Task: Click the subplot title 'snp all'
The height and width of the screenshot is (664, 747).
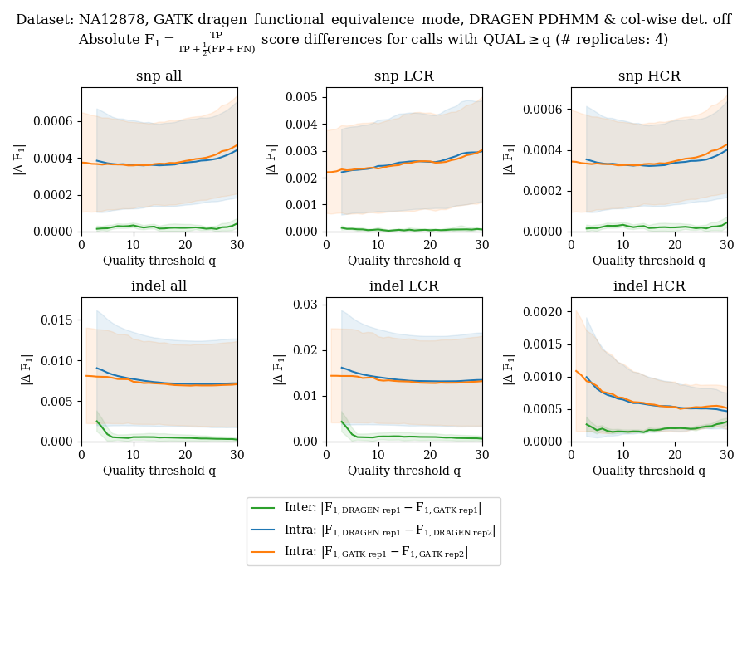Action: coord(159,76)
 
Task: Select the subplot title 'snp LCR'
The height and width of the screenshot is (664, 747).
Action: coord(403,76)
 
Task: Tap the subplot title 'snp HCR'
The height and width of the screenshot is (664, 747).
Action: coord(648,76)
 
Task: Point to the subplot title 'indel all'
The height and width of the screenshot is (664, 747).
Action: coord(159,286)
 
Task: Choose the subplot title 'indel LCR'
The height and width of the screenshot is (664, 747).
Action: coord(403,286)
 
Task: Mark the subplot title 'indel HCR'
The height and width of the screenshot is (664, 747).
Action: coord(648,286)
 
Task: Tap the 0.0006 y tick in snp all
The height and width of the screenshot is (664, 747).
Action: coord(55,121)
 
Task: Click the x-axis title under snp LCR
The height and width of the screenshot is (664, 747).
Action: coord(403,261)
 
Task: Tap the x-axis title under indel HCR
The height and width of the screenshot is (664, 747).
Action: coord(648,471)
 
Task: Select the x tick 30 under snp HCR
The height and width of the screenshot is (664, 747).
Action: coord(726,244)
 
